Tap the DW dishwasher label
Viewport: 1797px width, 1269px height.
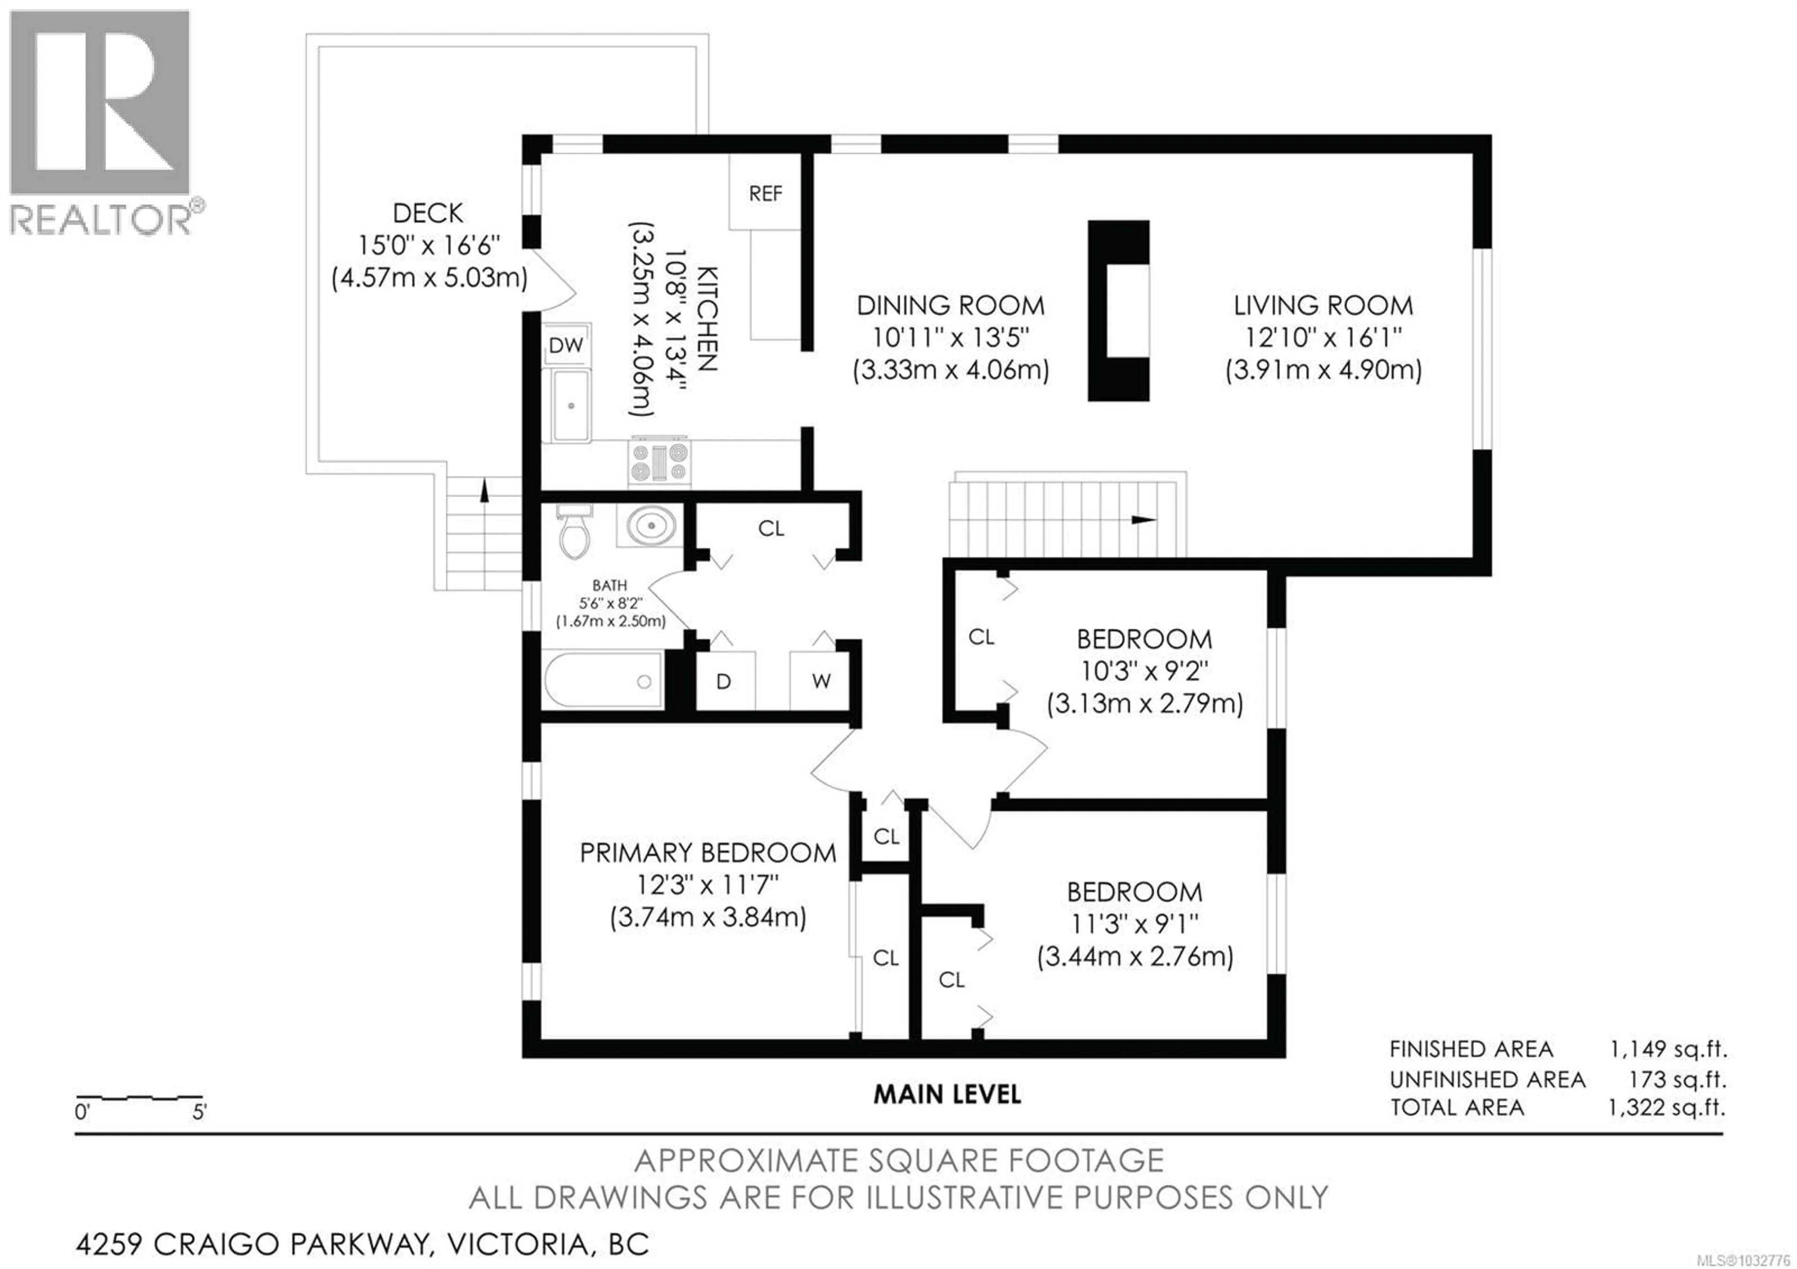pos(566,345)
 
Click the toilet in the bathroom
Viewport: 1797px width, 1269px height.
pos(575,534)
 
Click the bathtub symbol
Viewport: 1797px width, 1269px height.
pos(603,681)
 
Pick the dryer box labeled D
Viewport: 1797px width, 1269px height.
pos(724,681)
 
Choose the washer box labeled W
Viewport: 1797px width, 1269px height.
pos(821,681)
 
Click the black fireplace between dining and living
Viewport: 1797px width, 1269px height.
pos(1118,311)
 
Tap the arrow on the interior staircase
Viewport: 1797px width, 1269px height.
pos(1143,519)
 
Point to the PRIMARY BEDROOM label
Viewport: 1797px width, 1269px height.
pos(708,853)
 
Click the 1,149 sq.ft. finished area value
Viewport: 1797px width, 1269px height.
pos(1668,1048)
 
